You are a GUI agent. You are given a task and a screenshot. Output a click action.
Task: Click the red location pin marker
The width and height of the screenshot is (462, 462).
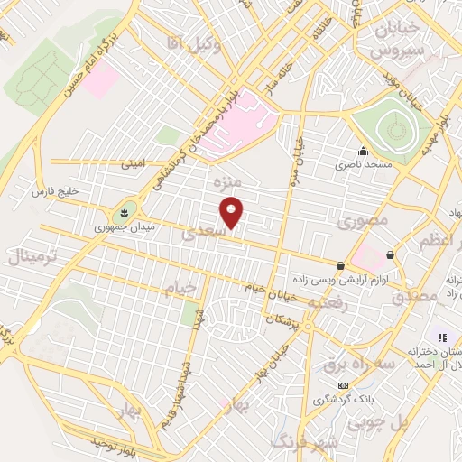coord(232,212)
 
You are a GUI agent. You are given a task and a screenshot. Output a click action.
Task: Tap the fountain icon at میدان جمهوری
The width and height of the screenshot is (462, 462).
coord(123,212)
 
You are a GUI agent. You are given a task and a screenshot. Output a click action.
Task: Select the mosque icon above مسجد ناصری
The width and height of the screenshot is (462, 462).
coord(364,151)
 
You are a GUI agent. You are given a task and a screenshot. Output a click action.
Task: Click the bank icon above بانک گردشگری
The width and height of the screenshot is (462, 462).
coord(343,385)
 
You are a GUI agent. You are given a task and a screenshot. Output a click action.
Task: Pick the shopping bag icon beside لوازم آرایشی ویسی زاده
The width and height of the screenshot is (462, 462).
coord(340,265)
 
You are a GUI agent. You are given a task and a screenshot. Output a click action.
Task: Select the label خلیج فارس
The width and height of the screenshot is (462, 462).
coord(58,192)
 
